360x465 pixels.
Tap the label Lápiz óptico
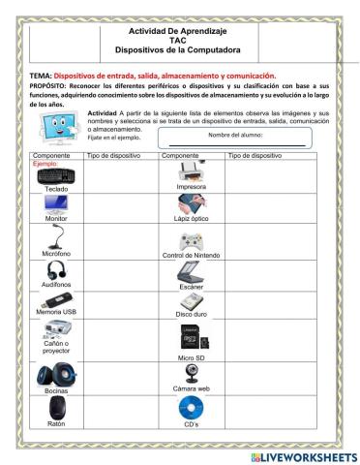pyautogui.click(x=191, y=220)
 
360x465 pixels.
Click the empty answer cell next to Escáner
pyautogui.click(x=267, y=274)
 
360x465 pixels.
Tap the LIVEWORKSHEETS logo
pyautogui.click(x=303, y=454)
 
